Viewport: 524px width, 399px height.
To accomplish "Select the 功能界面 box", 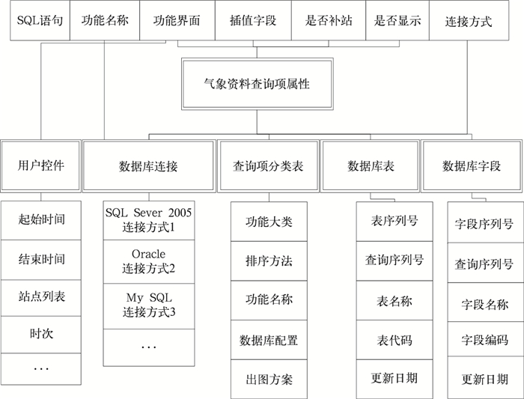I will tap(177, 21).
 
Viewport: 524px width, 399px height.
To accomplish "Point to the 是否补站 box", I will tap(328, 21).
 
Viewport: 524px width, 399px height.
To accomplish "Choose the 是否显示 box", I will tap(397, 21).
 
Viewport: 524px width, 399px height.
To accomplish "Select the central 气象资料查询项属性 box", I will tap(257, 85).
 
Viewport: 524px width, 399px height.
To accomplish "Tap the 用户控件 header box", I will tap(40, 165).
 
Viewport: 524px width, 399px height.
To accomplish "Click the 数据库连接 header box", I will tap(148, 165).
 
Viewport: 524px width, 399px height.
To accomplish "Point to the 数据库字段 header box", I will tap(471, 165).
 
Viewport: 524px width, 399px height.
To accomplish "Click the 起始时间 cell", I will tap(41, 220).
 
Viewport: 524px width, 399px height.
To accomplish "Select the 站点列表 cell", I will tap(41, 296).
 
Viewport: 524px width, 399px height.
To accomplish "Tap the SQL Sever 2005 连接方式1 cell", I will tap(148, 219).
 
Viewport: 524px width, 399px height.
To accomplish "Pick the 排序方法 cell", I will tap(268, 261).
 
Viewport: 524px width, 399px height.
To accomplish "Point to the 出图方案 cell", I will tap(268, 379).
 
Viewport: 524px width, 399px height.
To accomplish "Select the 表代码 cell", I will tap(394, 340).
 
